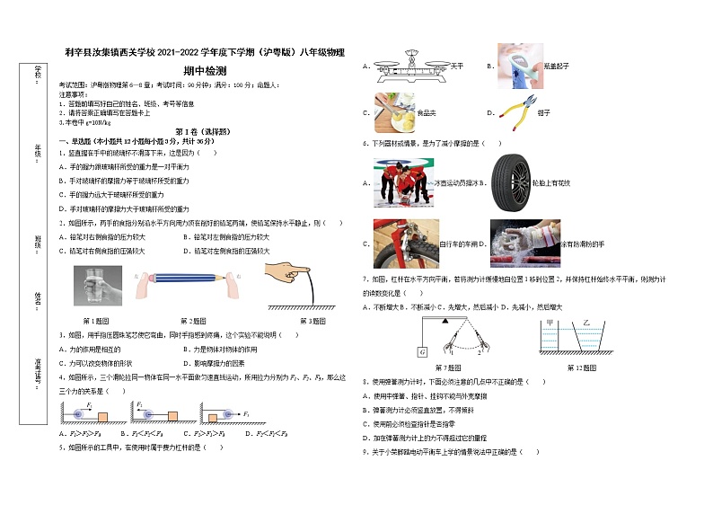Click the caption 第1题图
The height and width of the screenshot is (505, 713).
point(97,320)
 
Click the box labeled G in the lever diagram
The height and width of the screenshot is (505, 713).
point(422,350)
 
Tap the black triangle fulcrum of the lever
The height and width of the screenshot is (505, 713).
point(444,322)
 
